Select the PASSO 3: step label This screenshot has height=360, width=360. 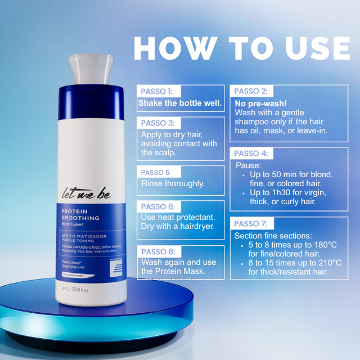pyautogui.click(x=156, y=123)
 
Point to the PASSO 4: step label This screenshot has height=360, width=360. pyautogui.click(x=251, y=154)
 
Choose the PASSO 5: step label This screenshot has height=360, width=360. pyautogui.click(x=155, y=173)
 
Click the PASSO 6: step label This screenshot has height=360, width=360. pyautogui.click(x=156, y=206)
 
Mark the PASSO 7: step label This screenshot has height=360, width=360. pyautogui.click(x=251, y=224)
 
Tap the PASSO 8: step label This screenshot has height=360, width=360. pyautogui.click(x=156, y=251)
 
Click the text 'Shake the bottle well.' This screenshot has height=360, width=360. pyautogui.click(x=180, y=103)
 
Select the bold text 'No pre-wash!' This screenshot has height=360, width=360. pyautogui.click(x=257, y=103)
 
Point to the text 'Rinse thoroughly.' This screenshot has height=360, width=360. pyautogui.click(x=173, y=184)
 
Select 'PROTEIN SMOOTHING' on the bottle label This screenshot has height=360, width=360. pyautogui.click(x=80, y=214)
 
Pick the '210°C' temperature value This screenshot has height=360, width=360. pyautogui.click(x=330, y=263)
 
